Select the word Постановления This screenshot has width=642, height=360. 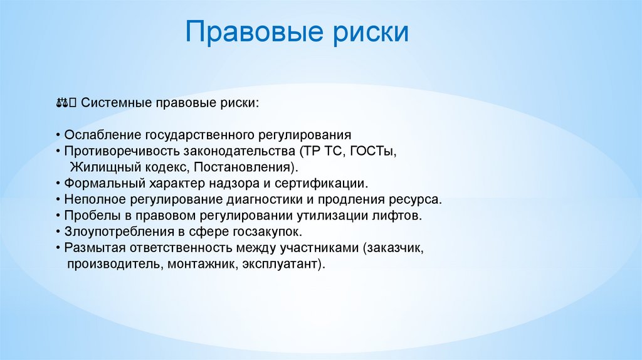tap(243, 167)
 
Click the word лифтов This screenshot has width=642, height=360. tap(402, 216)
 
